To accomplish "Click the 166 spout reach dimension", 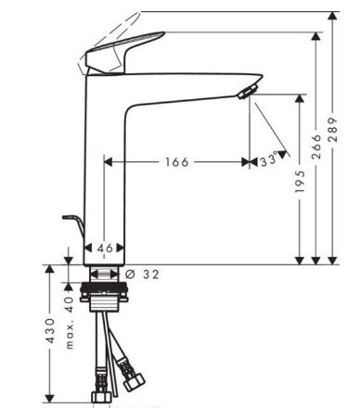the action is pyautogui.click(x=176, y=161).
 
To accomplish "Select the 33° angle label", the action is pyautogui.click(x=268, y=160).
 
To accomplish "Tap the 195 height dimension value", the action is pyautogui.click(x=300, y=181).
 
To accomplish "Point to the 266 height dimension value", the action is pyautogui.click(x=316, y=147).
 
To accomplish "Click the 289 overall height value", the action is pyautogui.click(x=333, y=130).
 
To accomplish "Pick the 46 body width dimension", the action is pyautogui.click(x=105, y=248).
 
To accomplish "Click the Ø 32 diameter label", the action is pyautogui.click(x=143, y=274).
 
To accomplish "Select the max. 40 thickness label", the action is pyautogui.click(x=71, y=323).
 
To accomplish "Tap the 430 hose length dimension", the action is pyautogui.click(x=50, y=330).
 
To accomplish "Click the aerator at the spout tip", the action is pyautogui.click(x=248, y=92).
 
